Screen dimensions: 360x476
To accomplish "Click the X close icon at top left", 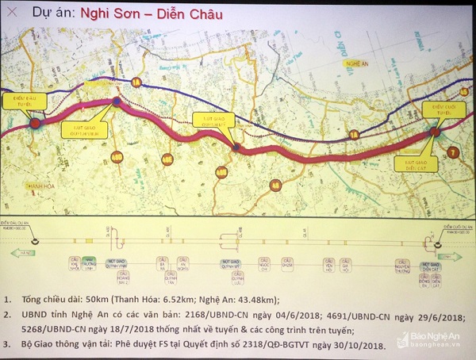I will point(11,13).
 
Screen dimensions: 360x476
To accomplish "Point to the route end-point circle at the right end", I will point(435,132).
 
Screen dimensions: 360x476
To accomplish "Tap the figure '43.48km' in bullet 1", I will point(252,300).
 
